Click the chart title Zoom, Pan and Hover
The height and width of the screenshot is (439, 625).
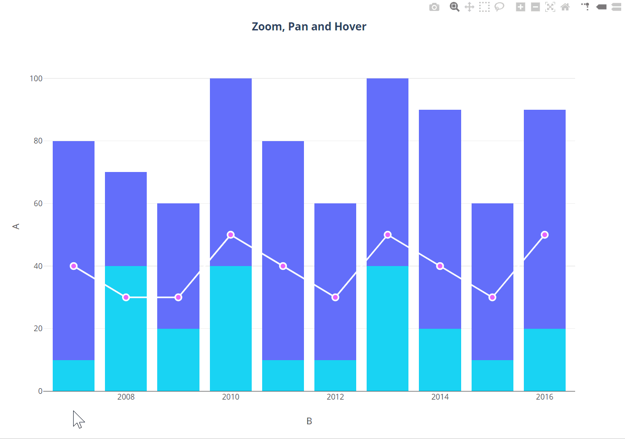point(309,27)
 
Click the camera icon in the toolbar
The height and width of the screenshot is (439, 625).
point(434,7)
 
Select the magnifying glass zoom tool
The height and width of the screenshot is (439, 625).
point(455,7)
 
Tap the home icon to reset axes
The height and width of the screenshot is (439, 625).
point(565,7)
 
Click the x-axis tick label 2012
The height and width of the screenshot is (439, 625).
point(335,397)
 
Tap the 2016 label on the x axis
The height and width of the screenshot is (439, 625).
point(544,397)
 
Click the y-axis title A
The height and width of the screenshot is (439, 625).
point(16,226)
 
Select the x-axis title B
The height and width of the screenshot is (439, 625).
point(309,421)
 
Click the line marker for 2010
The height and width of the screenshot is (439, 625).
point(231,235)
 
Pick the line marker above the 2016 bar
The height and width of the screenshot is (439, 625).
point(545,235)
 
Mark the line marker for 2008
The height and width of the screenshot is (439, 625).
point(126,297)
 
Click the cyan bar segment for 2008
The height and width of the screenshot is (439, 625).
point(126,333)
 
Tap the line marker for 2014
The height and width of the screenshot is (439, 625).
point(440,266)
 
